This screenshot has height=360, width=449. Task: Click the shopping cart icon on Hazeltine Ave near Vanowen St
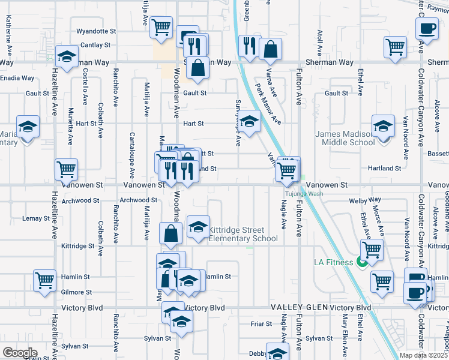click(x=66, y=169)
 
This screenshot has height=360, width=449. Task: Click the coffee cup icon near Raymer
click(x=427, y=28)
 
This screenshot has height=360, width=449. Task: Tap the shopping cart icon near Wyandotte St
click(x=161, y=27)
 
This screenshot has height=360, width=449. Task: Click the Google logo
click(x=20, y=353)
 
